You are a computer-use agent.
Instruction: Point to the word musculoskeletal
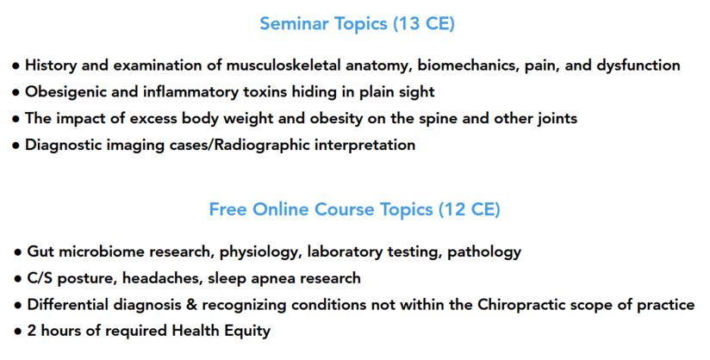[x=283, y=65]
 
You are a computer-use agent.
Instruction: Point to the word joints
[x=557, y=119]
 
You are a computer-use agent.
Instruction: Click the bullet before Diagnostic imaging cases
[x=16, y=146]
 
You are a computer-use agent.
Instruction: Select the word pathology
[x=484, y=251]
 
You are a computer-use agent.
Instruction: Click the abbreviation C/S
[x=40, y=278]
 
